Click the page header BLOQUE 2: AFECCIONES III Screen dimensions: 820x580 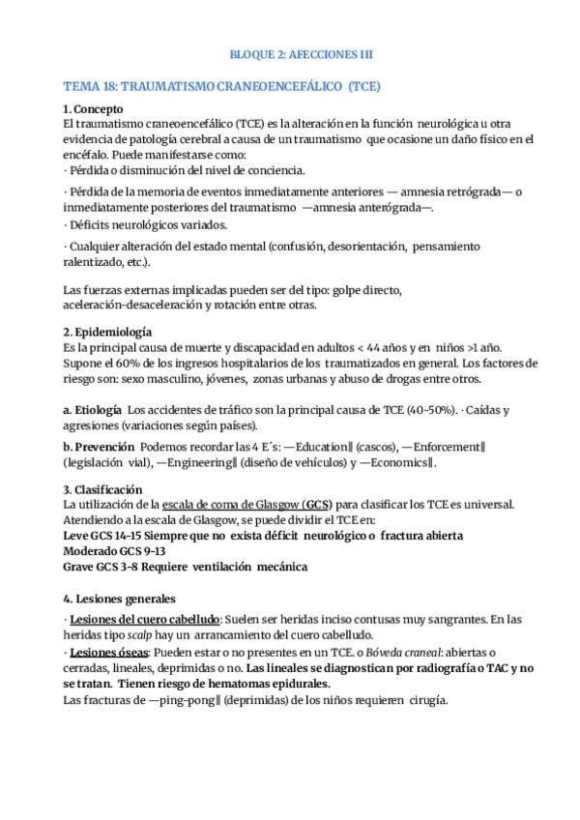pos(289,54)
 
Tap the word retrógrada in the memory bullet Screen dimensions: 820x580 pos(464,191)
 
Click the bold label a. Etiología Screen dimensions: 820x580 pos(92,409)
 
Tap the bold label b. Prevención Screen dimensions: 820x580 pos(97,447)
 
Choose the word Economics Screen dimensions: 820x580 pos(403,462)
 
